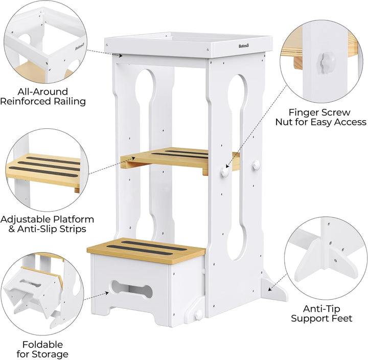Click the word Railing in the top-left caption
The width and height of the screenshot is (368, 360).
pyautogui.click(x=70, y=101)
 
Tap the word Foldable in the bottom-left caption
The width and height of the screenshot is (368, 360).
pyautogui.click(x=43, y=345)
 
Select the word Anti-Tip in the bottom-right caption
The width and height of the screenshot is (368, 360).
pyautogui.click(x=321, y=308)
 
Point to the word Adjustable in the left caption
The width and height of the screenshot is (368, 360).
pyautogui.click(x=26, y=219)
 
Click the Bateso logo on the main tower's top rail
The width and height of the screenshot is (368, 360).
pyautogui.click(x=244, y=46)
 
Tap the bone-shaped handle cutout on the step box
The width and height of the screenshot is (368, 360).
pyautogui.click(x=132, y=289)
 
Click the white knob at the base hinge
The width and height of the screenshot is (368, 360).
pyautogui.click(x=198, y=314)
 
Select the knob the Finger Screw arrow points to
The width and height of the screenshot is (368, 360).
pyautogui.click(x=225, y=172)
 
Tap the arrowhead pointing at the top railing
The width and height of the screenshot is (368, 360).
pyautogui.click(x=121, y=56)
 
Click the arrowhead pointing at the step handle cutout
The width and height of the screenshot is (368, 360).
pyautogui.click(x=107, y=293)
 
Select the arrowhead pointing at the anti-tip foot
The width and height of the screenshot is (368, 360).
pyautogui.click(x=270, y=289)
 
